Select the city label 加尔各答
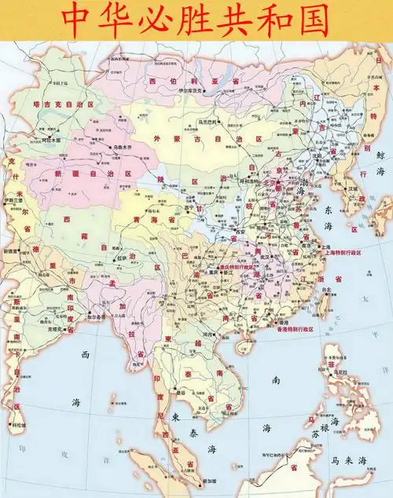100,317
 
